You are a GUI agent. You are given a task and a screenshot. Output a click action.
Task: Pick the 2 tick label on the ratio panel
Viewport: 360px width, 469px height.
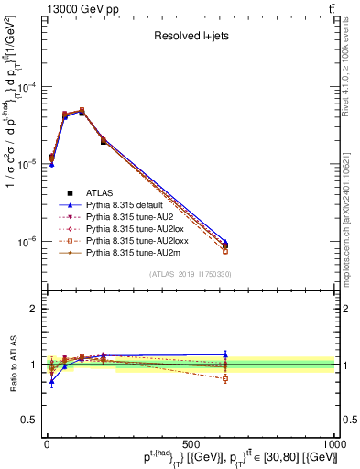(x=33, y=309)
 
